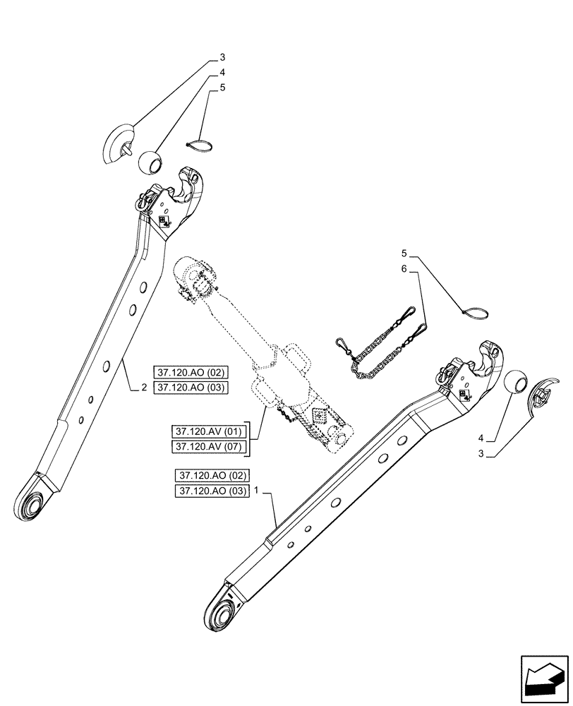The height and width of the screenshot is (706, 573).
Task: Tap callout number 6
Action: (x=404, y=269)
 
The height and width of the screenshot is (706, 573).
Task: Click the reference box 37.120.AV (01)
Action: (x=207, y=431)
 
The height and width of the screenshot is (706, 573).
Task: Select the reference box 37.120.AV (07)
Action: (x=207, y=447)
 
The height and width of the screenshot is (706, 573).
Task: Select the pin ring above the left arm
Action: (x=200, y=146)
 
